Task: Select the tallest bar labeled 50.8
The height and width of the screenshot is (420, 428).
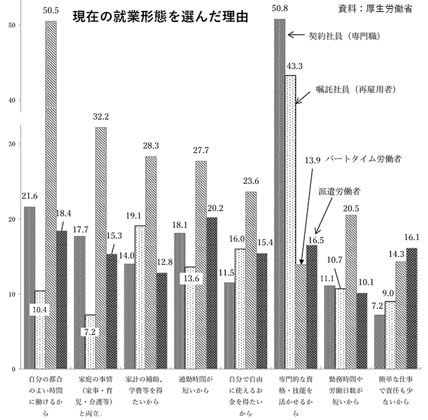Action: (x=280, y=194)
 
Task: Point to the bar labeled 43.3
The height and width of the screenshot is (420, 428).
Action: (x=290, y=221)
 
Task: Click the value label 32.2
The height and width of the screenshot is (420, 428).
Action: (x=100, y=116)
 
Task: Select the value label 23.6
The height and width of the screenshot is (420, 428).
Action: (x=250, y=181)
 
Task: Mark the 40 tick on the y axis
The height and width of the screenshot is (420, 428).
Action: (x=11, y=100)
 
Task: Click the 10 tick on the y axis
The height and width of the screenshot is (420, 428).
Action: (x=11, y=294)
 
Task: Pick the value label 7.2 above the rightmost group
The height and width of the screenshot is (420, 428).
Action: (x=376, y=305)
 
